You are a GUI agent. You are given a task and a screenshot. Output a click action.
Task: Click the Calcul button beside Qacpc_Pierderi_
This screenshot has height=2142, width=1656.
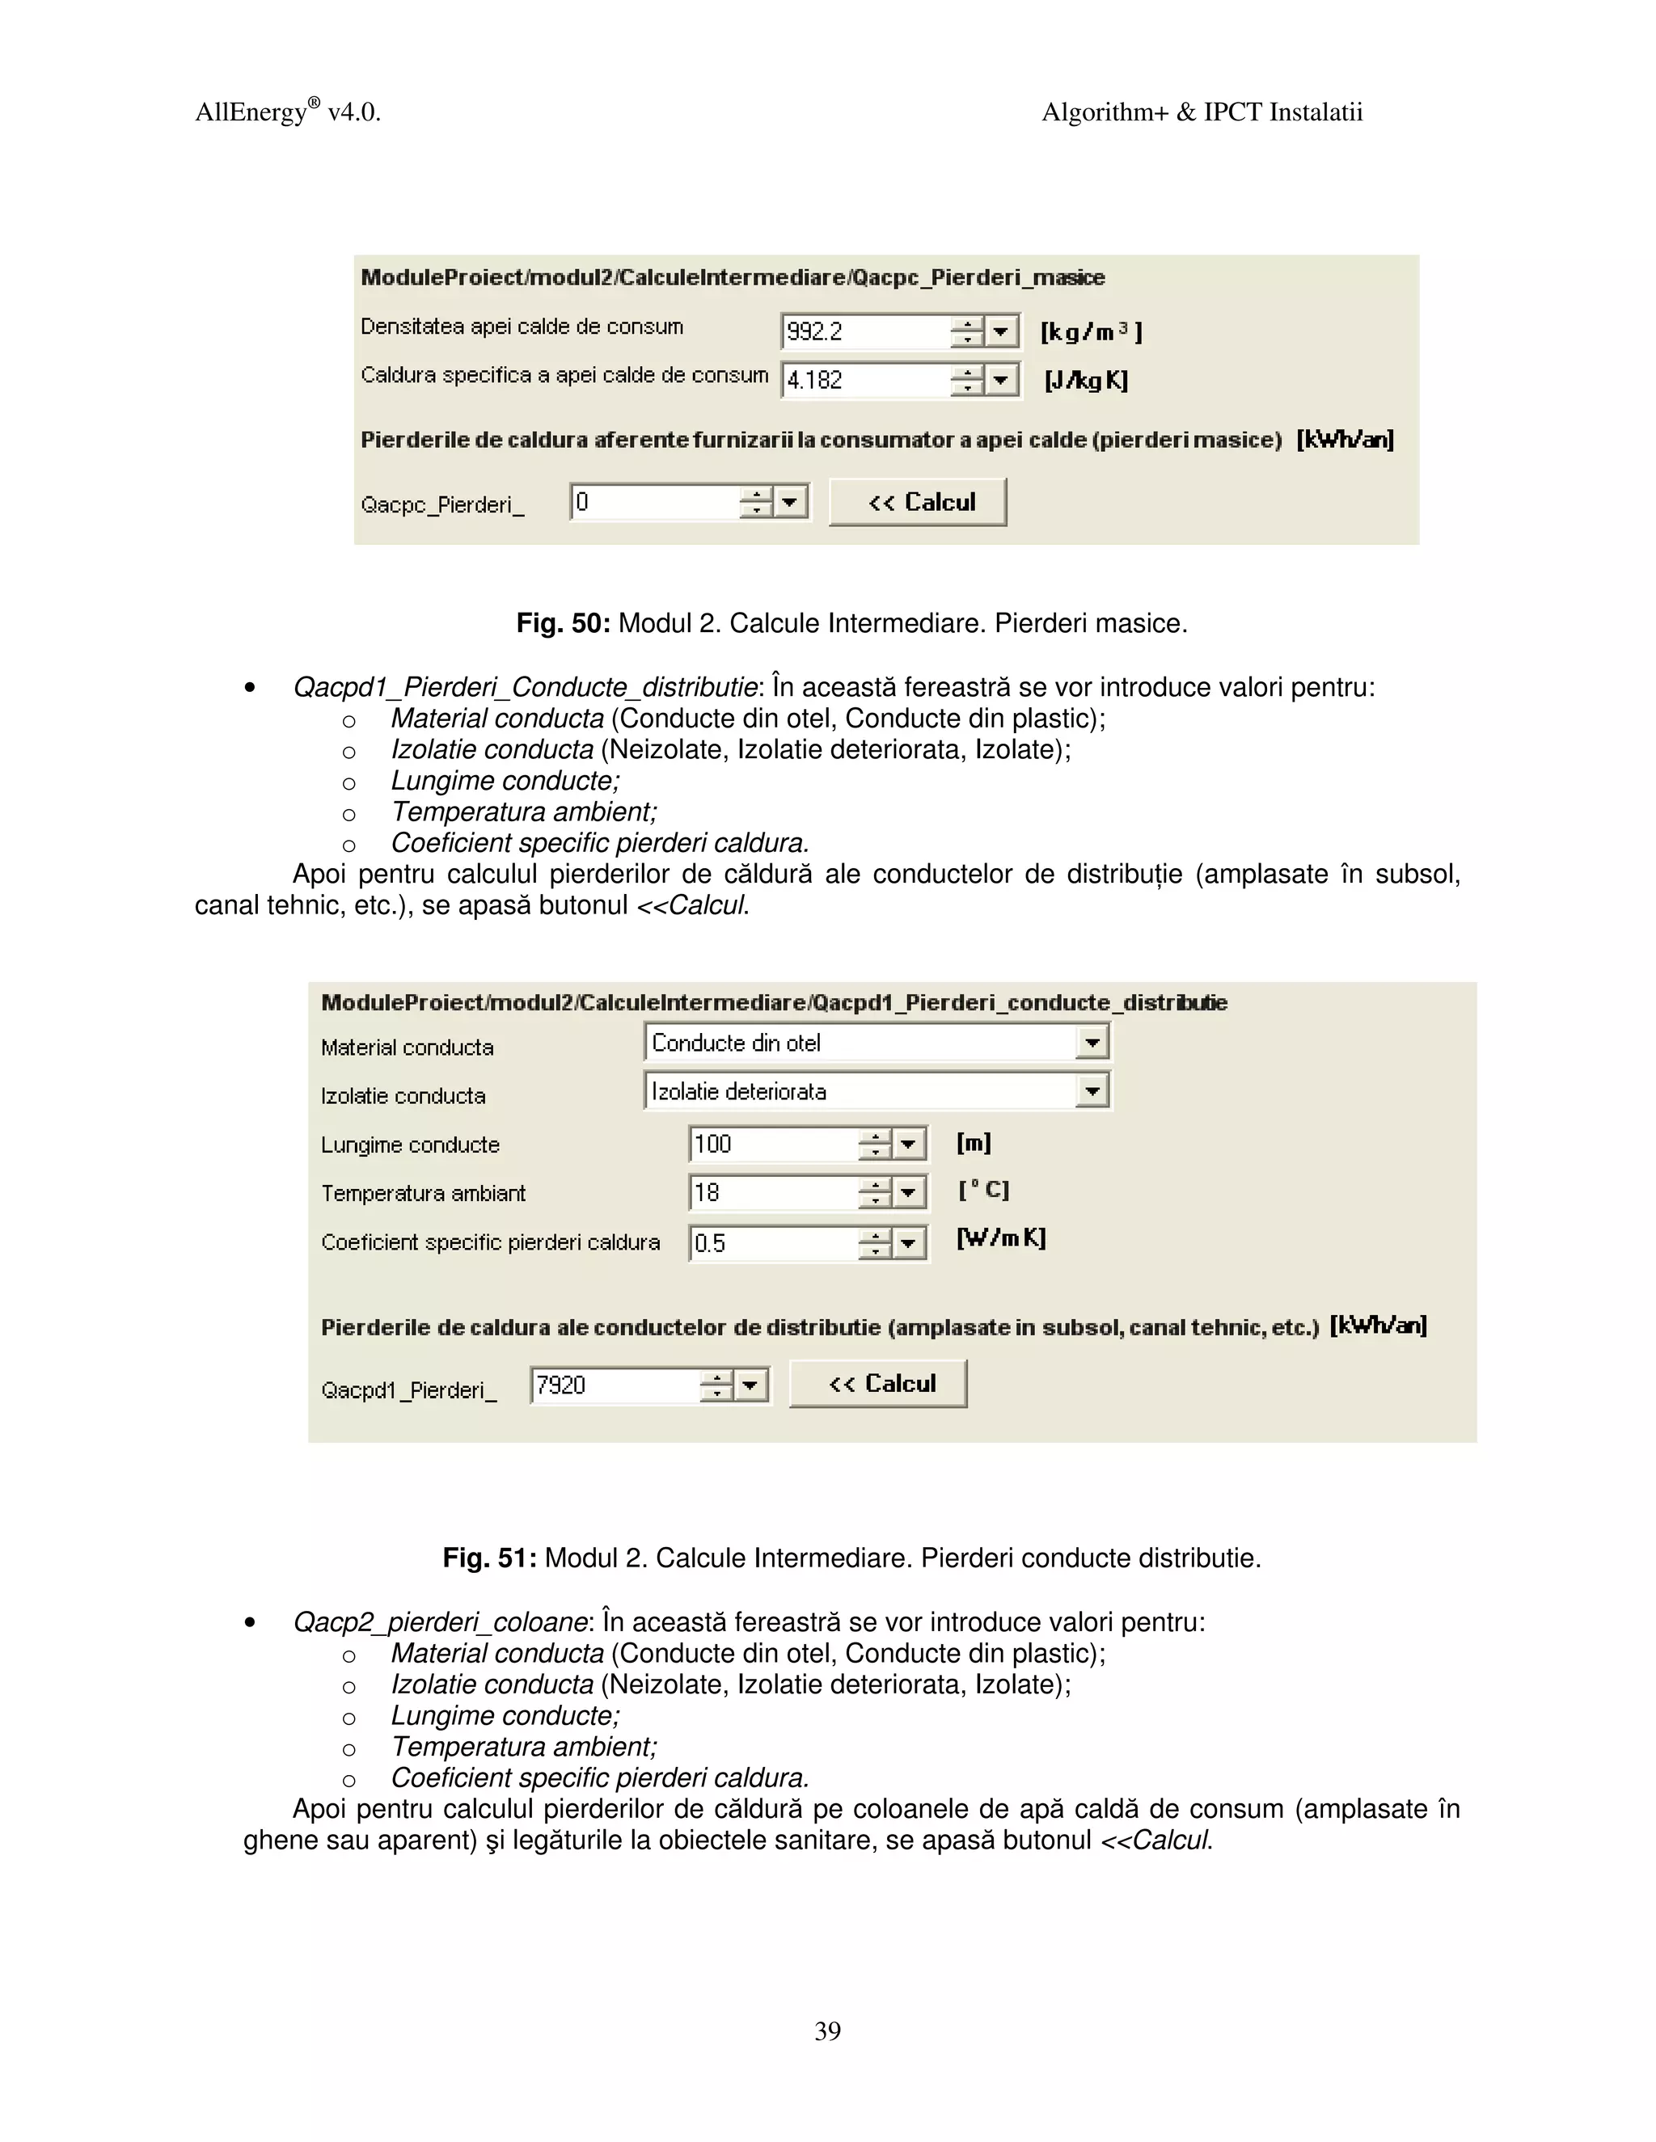919,502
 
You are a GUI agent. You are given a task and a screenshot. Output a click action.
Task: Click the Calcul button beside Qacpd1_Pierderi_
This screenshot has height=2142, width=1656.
878,1384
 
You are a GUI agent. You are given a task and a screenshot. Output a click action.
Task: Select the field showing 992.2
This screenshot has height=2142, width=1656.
864,331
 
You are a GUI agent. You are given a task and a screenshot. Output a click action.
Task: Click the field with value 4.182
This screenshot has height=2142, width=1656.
864,380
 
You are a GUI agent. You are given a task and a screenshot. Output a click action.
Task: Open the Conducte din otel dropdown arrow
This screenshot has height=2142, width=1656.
1092,1043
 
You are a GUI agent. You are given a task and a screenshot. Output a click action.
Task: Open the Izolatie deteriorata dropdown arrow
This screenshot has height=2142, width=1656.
1092,1090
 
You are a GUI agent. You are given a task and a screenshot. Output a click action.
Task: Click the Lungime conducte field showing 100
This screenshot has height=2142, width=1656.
771,1144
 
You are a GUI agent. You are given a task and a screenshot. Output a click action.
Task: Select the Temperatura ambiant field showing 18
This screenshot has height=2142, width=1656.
771,1192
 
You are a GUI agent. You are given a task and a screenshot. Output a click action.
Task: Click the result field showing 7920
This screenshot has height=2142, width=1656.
613,1385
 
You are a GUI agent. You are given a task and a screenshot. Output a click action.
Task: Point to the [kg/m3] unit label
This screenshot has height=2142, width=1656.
1091,332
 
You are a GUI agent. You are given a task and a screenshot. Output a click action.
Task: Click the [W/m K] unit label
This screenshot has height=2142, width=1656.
1001,1238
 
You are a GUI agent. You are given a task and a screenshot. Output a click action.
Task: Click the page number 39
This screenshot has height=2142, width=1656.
827,2030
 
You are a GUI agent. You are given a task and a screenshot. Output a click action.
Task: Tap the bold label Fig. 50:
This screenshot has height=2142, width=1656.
563,624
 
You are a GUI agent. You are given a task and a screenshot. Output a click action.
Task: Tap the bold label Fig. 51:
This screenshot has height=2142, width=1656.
488,1558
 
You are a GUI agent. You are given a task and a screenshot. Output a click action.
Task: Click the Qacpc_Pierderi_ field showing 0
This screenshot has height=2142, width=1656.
653,502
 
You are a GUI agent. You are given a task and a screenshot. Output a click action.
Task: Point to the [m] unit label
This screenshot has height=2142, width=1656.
974,1143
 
